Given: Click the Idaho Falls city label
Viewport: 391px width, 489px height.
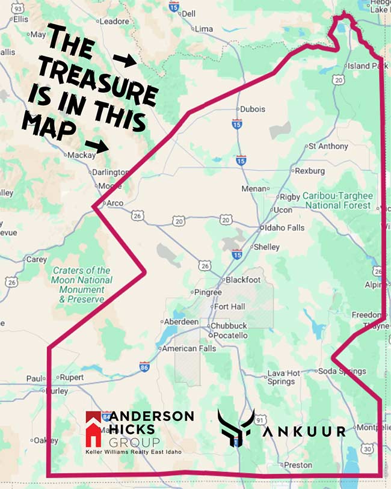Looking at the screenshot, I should (x=285, y=228).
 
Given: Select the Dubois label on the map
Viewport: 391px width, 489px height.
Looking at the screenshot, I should (x=252, y=109).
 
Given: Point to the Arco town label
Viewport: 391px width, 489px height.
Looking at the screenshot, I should (x=114, y=203).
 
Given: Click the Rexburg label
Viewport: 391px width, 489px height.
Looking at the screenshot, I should (x=310, y=171).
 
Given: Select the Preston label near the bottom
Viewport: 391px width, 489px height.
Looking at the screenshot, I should (x=299, y=465).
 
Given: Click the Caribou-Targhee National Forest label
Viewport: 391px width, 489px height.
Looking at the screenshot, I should (x=337, y=200).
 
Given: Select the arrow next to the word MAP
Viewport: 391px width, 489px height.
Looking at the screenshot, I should (x=96, y=145).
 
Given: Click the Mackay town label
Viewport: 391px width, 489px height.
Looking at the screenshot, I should (x=82, y=155).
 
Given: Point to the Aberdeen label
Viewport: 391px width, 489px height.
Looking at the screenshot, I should (x=182, y=322).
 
